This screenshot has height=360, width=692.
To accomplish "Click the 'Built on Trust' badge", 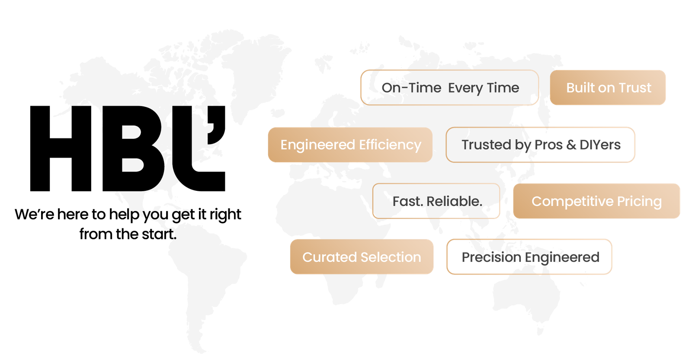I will coord(608,88).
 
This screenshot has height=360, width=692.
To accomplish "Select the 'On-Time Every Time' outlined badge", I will coord(450,88).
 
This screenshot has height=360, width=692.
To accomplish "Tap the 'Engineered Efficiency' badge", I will coord(350,145).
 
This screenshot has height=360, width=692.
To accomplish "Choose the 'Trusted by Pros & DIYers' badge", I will coord(541,145).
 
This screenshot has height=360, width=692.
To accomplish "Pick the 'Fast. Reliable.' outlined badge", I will coord(436,201).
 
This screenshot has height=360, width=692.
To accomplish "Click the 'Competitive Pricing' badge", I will coord(596,201).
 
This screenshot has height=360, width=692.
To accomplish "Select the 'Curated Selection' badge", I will coord(362,257).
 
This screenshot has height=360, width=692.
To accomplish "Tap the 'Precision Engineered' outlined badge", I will coord(529,257).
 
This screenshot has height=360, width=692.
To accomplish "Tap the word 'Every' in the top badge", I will coord(465,88).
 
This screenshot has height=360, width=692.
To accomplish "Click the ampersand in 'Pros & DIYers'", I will coord(571,145).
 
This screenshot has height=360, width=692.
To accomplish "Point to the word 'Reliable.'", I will coord(454,201).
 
